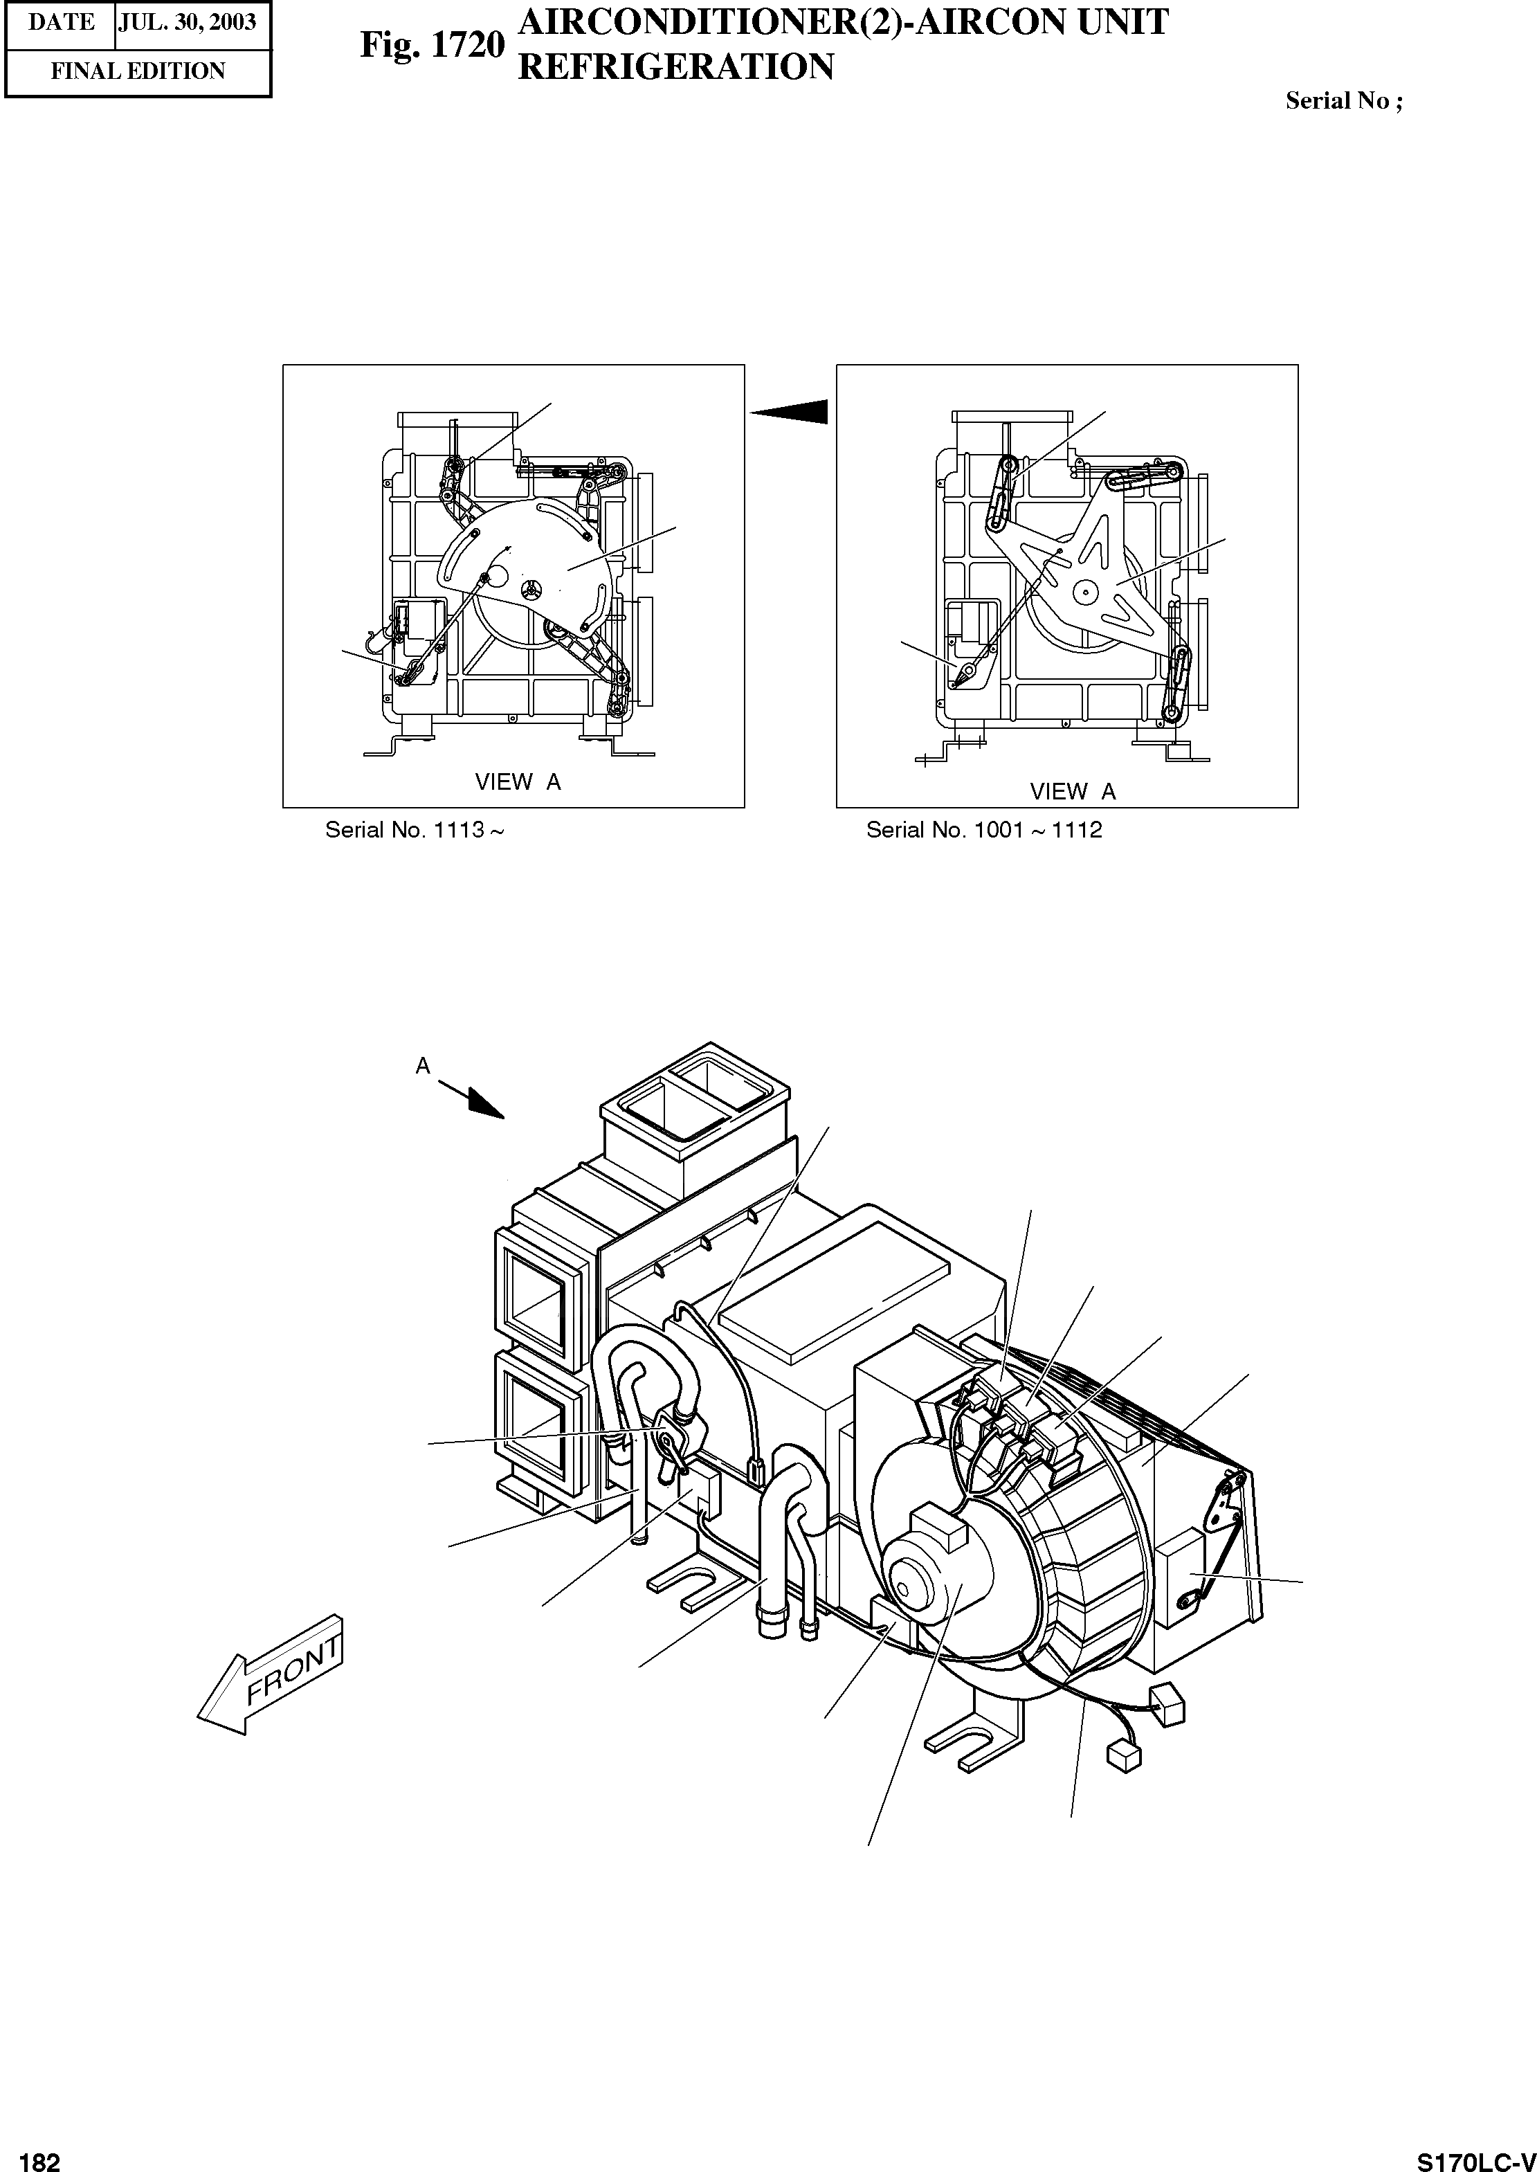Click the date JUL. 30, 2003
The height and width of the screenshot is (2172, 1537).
[x=188, y=23]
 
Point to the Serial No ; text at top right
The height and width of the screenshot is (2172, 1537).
[x=1343, y=101]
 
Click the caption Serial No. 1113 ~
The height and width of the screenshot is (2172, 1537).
[x=414, y=830]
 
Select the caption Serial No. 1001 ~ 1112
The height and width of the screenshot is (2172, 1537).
[x=984, y=830]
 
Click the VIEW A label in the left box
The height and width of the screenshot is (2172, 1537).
[x=517, y=781]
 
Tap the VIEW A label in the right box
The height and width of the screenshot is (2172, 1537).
[x=1073, y=791]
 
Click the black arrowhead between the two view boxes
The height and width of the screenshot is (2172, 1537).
[x=793, y=412]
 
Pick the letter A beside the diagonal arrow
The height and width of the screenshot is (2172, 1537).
[x=423, y=1066]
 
